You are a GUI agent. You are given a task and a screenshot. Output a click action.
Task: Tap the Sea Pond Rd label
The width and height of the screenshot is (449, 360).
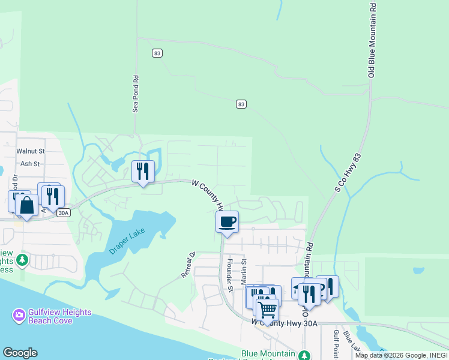tap(136, 94)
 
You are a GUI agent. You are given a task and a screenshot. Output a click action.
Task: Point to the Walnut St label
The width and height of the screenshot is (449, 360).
tap(31, 152)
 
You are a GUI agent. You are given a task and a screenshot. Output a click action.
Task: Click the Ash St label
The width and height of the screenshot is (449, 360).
tap(30, 163)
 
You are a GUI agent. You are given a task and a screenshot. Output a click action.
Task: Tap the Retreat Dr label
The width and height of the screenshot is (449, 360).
tap(188, 265)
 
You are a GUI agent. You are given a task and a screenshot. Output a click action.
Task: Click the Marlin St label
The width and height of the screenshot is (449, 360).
tap(244, 272)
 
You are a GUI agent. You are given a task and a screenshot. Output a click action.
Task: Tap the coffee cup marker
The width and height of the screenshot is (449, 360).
tap(228, 222)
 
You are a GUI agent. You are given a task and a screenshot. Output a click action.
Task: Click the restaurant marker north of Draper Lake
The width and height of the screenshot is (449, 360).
tap(143, 172)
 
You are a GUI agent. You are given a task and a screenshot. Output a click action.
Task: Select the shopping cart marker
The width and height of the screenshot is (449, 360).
tap(267, 310)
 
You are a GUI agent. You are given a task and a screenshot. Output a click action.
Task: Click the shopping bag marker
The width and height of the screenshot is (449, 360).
tap(27, 205)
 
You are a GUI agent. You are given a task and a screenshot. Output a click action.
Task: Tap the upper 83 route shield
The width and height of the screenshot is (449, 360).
tap(157, 53)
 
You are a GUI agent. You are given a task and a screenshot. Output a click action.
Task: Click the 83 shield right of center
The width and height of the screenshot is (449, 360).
tap(241, 104)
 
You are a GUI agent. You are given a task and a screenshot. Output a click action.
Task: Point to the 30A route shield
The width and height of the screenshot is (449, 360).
tap(64, 212)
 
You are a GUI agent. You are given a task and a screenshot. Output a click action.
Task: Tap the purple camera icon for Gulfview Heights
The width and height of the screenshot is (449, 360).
tap(19, 315)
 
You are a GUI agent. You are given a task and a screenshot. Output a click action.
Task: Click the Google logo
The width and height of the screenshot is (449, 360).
tap(20, 353)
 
